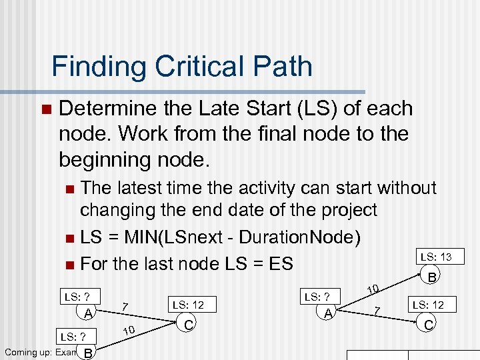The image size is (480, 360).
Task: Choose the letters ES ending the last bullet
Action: pyautogui.click(x=280, y=263)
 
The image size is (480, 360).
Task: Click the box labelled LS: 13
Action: pyautogui.click(x=435, y=257)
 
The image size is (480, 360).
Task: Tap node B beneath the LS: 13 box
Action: pyautogui.click(x=432, y=276)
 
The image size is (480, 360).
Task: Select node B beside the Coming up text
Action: pyautogui.click(x=87, y=352)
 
